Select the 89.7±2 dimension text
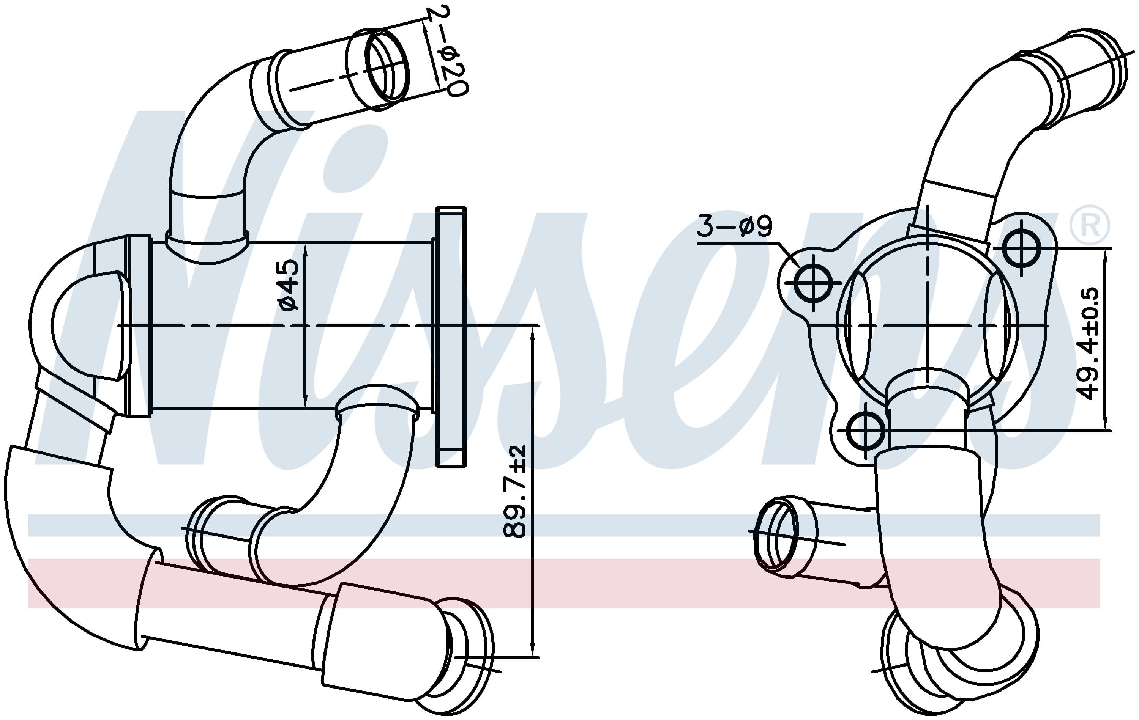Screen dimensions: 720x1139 [x=514, y=492]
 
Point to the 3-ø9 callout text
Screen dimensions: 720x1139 [x=734, y=226]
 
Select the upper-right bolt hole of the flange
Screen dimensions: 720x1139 [x=1022, y=248]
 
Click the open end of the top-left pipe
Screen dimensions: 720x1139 [x=387, y=65]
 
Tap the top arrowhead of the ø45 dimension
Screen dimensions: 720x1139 [x=305, y=250]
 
